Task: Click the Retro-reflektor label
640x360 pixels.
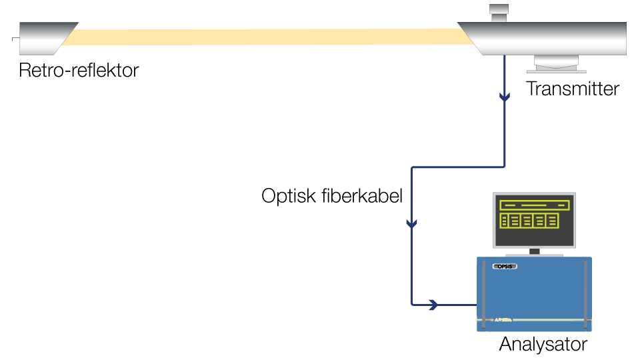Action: click(x=79, y=71)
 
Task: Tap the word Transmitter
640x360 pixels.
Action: click(x=573, y=89)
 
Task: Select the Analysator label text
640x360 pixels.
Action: click(x=543, y=345)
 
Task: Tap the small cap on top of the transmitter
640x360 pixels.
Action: click(x=499, y=11)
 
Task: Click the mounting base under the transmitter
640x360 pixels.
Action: click(x=560, y=64)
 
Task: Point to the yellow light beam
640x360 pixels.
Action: click(x=267, y=38)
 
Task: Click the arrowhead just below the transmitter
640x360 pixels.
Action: click(x=505, y=98)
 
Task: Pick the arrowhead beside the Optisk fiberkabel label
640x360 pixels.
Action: click(x=412, y=224)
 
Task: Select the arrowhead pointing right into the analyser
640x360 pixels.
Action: click(x=433, y=305)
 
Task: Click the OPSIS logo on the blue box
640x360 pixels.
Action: click(x=506, y=267)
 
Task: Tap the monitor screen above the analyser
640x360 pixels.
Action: click(x=534, y=221)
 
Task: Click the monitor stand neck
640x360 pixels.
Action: click(x=534, y=251)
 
